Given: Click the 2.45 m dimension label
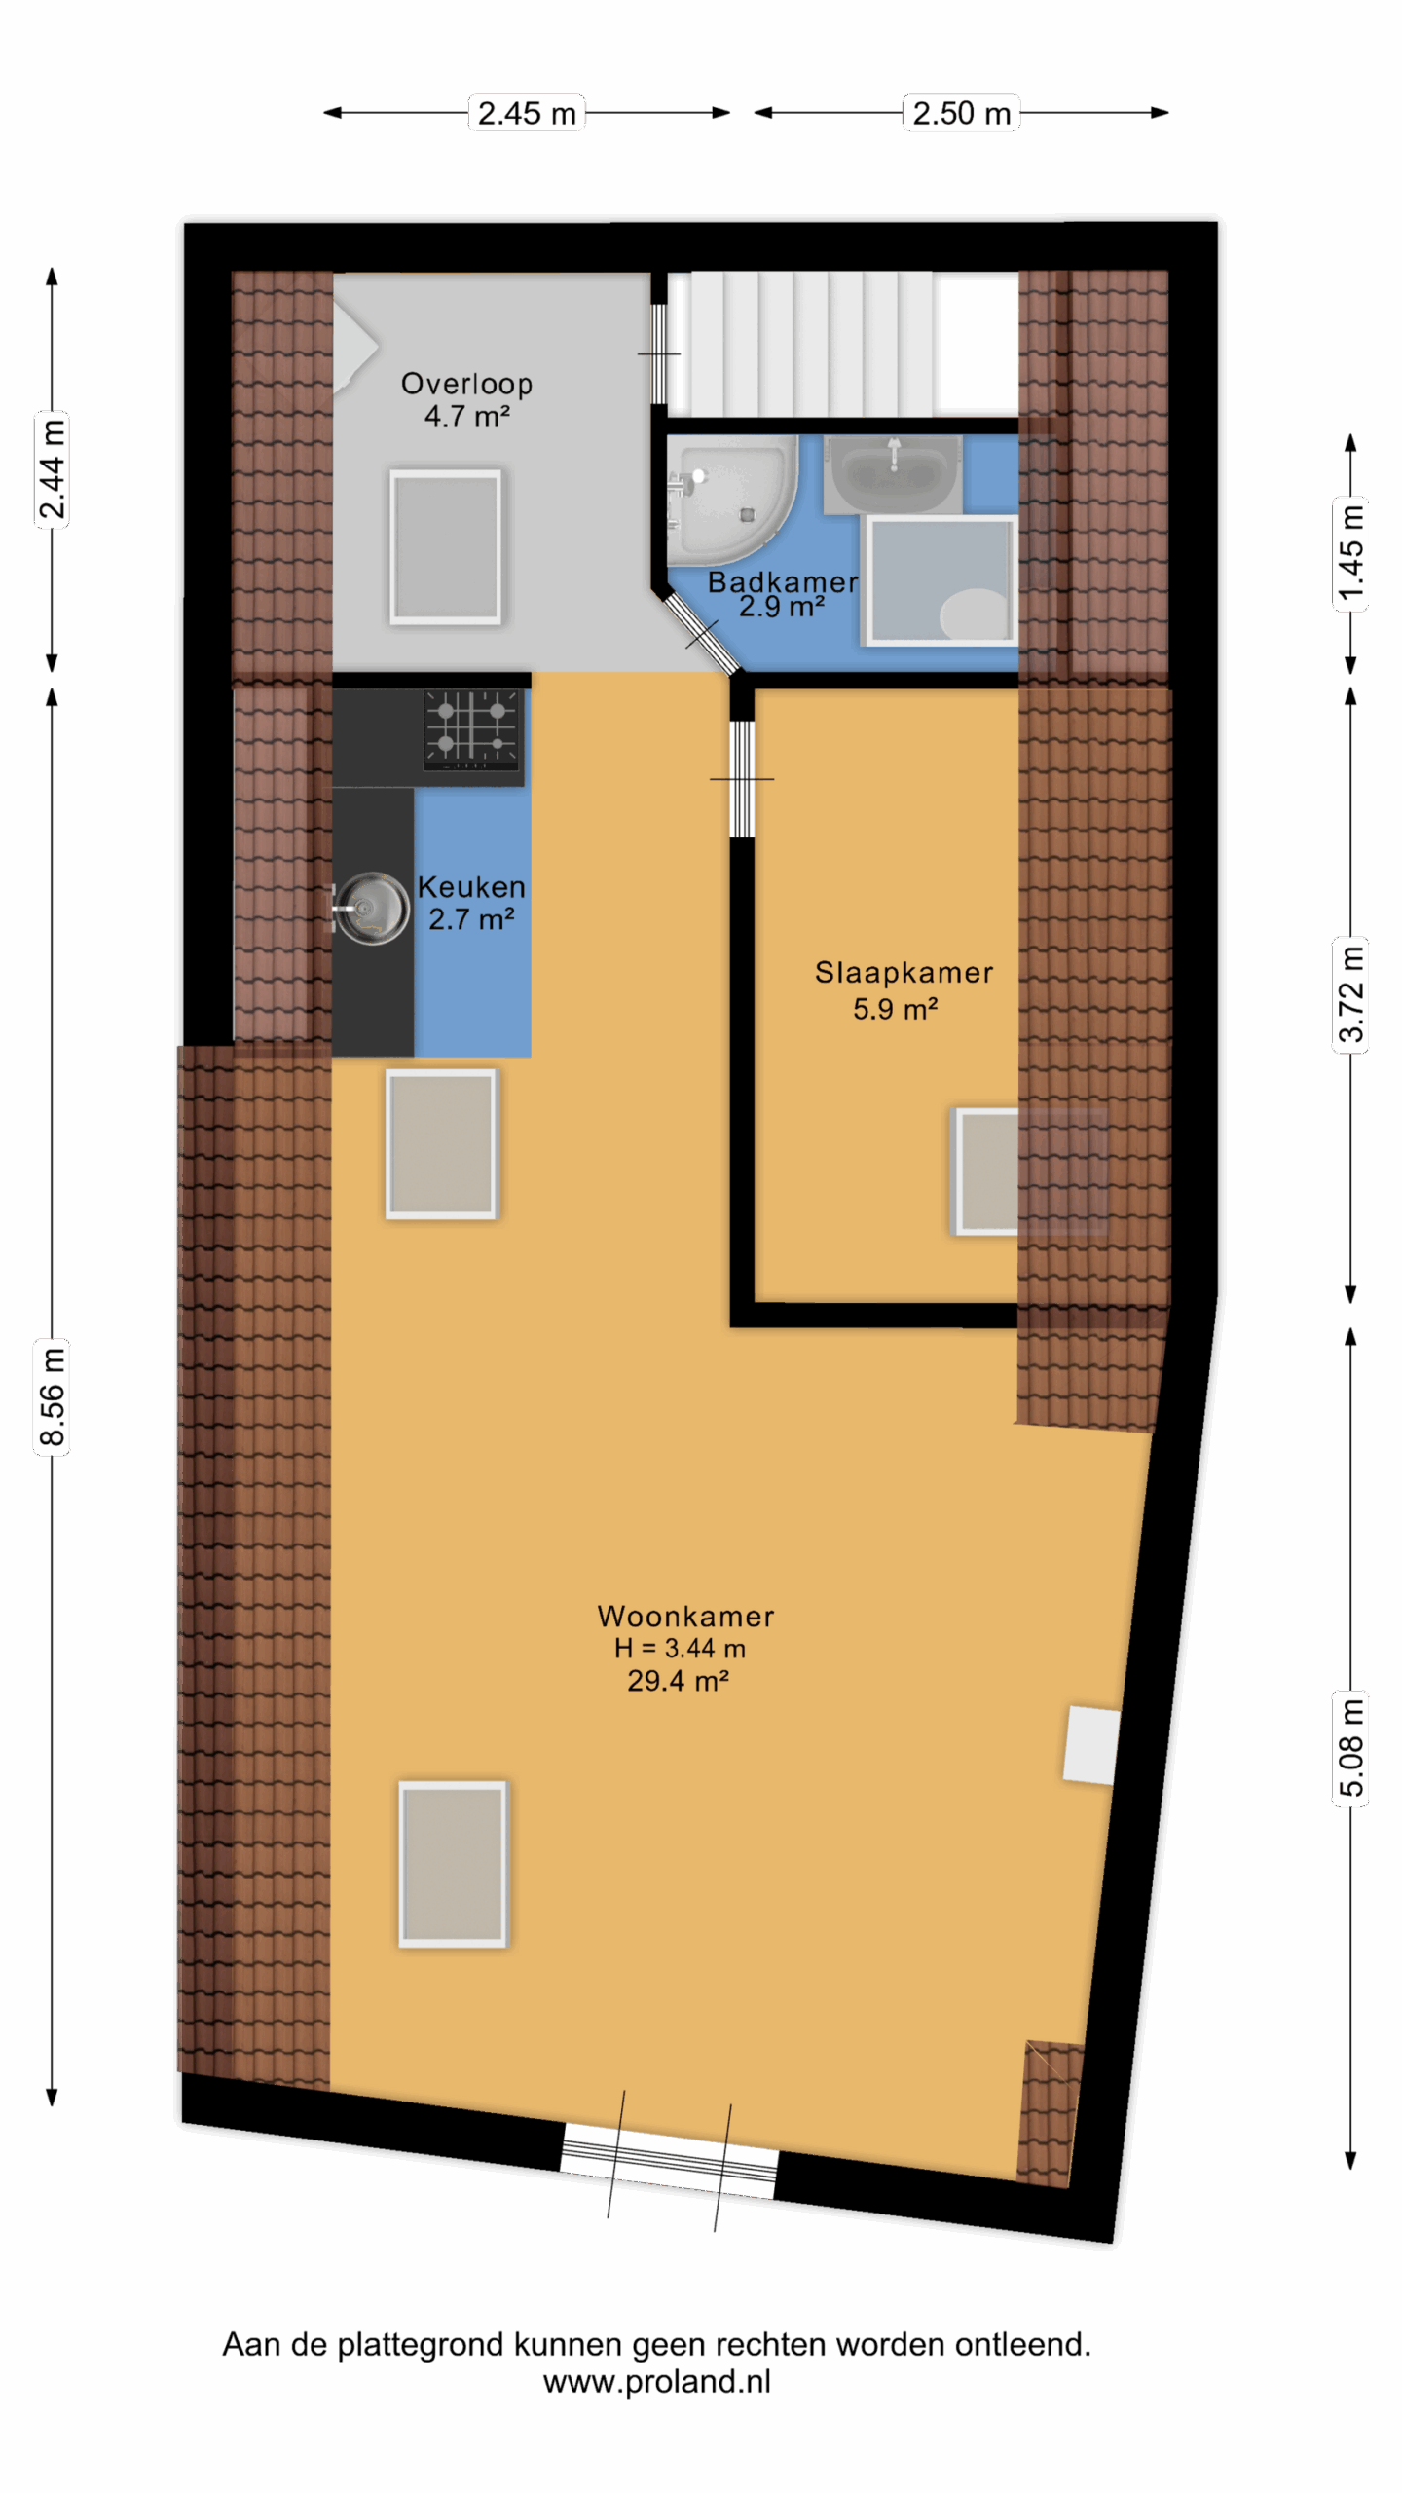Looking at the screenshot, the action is coord(527,113).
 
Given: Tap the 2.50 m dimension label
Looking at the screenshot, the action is coord(961,113).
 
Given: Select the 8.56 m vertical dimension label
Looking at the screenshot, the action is coord(52,1396).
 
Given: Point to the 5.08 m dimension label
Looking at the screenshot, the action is coord(1350,1748).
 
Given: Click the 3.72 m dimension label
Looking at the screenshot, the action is coord(1350,993).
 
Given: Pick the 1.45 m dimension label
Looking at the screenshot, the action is coord(1350,554).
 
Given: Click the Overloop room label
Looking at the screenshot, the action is coord(466,384).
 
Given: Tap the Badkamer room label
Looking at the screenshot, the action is coord(783,582).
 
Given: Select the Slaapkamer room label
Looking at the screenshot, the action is coord(904,972).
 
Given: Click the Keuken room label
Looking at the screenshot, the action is coord(471,887).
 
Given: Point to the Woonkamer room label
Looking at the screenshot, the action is coord(685,1617).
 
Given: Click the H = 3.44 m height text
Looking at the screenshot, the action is coord(680,1649).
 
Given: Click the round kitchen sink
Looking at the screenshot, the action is coord(371,908).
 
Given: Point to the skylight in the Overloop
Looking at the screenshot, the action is coord(446,546).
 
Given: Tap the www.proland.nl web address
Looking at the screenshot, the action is coord(657,2381).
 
